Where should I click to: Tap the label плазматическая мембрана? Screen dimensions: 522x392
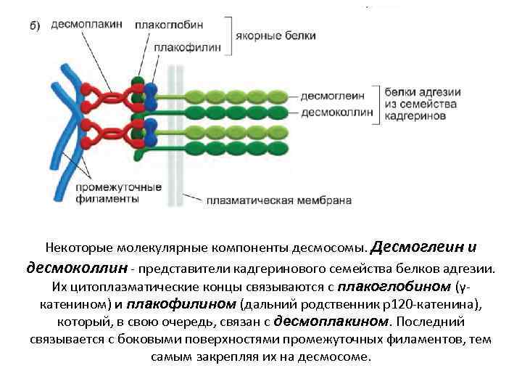pyautogui.click(x=279, y=200)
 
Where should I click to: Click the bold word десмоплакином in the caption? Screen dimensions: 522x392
pyautogui.click(x=336, y=321)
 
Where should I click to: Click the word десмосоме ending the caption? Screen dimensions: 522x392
pyautogui.click(x=336, y=357)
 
